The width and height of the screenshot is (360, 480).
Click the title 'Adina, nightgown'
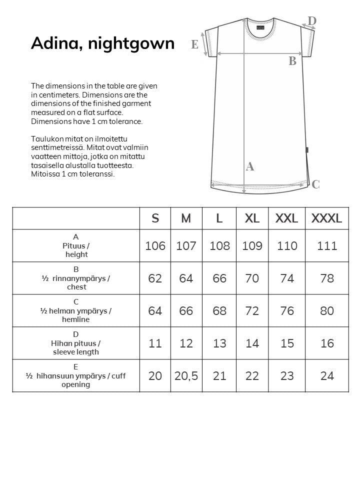(102, 44)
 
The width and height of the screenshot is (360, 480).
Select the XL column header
(252, 218)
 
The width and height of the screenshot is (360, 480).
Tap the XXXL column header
(326, 218)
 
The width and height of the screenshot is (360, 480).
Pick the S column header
(155, 218)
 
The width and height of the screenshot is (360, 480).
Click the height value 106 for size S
(155, 246)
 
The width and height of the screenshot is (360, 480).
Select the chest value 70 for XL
(252, 278)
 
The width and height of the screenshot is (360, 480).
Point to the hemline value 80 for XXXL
(326, 311)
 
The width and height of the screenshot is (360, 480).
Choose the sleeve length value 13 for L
(219, 343)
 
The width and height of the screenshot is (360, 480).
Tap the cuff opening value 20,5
(186, 376)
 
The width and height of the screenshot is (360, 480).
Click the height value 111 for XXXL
(326, 246)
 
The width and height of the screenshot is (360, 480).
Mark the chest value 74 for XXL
(287, 278)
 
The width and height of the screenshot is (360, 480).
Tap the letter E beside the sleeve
(195, 44)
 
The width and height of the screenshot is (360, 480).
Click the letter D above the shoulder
(312, 21)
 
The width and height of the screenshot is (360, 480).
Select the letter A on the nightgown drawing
(250, 167)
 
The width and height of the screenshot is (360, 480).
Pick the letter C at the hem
(315, 184)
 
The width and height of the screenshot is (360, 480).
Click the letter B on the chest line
(292, 61)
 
